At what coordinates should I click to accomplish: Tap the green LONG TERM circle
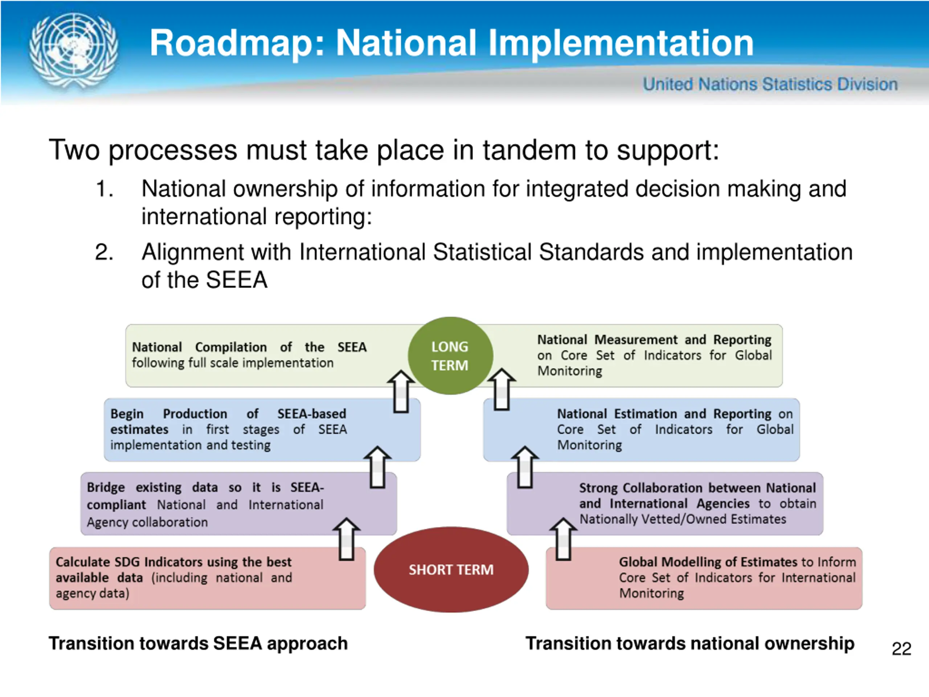coord(450,355)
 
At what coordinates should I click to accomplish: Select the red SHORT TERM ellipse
coord(451,569)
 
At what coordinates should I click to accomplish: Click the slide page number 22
coord(901,649)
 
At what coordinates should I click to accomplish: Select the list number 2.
coord(104,252)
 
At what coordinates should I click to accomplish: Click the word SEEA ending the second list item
coord(237,280)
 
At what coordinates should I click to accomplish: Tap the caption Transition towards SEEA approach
coord(198,643)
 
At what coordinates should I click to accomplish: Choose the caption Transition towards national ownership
coord(689,643)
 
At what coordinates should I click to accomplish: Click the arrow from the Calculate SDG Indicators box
coord(347,539)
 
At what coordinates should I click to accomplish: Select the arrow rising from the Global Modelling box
coord(563,539)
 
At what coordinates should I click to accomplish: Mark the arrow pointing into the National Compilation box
coord(401,391)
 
